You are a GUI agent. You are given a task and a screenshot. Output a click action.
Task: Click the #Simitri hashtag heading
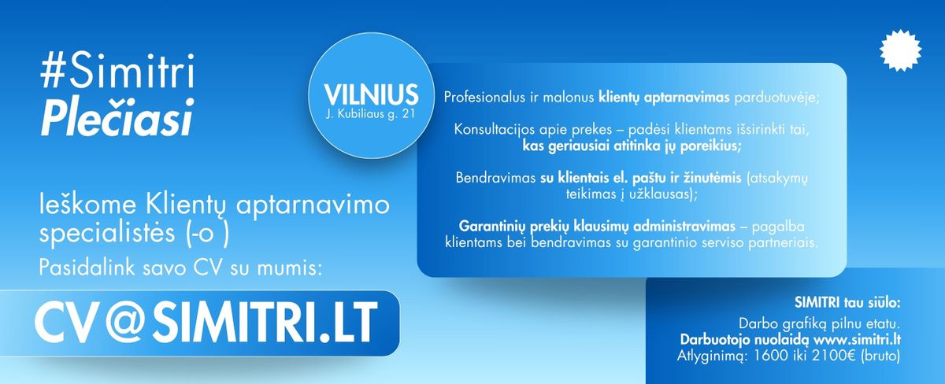tap(117, 70)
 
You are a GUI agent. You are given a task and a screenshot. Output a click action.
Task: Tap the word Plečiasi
tap(117, 116)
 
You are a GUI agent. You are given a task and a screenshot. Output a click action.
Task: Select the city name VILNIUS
tap(371, 95)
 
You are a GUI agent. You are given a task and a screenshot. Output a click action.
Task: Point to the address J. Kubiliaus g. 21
tap(370, 114)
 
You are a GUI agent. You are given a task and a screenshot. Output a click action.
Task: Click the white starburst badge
tap(900, 50)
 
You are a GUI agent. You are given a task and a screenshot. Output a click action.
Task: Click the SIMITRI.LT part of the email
tap(265, 323)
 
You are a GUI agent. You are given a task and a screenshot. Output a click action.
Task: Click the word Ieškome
tap(87, 205)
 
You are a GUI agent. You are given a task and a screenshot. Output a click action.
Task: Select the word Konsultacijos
tap(494, 129)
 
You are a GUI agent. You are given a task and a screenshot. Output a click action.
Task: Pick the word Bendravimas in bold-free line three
tap(495, 178)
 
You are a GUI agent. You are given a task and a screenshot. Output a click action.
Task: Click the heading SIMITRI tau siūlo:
tap(847, 303)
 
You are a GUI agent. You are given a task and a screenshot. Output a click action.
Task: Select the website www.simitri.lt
tap(858, 340)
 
